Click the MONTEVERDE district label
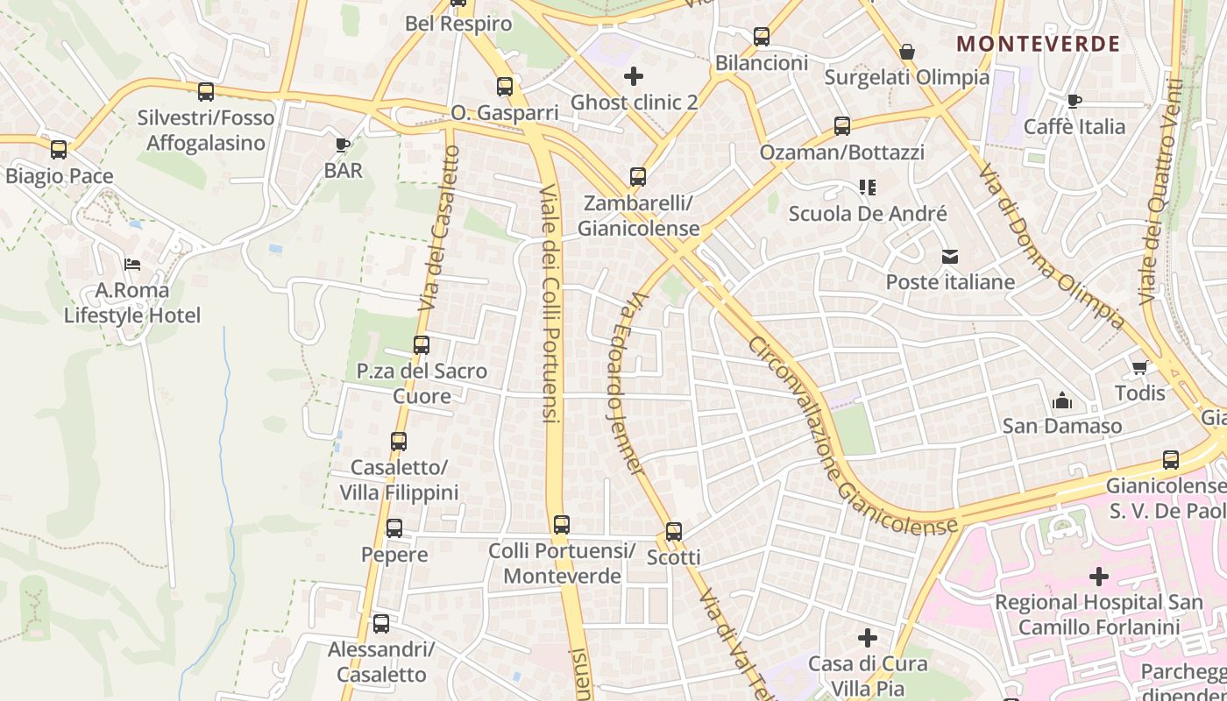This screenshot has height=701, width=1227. (1038, 44)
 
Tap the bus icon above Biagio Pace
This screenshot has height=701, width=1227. (59, 150)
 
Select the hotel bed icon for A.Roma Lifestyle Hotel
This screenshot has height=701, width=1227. (132, 264)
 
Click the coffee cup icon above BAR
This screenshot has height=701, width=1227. (343, 145)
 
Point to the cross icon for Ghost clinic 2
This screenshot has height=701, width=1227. (634, 76)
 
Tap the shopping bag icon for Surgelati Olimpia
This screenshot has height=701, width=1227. (907, 52)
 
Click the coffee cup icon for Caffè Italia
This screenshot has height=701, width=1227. (1075, 102)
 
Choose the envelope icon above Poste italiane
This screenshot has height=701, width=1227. (950, 257)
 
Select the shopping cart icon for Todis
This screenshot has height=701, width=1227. (1139, 367)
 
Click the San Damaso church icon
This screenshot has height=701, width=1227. (1062, 401)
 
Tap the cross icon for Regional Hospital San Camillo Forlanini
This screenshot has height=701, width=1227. (1098, 577)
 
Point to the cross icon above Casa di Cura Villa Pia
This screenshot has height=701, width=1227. (868, 638)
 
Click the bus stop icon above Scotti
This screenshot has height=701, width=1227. (673, 532)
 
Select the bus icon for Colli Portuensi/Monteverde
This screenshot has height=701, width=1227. (562, 525)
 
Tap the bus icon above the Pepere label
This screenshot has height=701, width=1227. (394, 528)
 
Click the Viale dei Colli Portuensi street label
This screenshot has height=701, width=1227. (550, 302)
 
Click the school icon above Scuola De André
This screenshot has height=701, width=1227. (868, 188)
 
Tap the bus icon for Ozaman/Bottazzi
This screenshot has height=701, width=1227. (842, 126)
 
